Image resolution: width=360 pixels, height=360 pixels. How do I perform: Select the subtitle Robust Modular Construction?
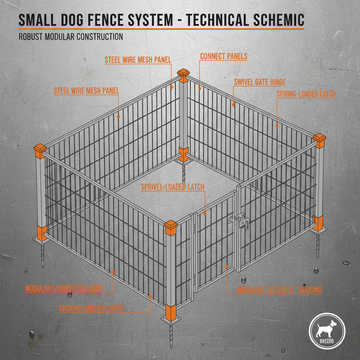[x=71, y=37]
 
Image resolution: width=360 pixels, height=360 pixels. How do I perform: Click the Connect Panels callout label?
[x=224, y=56]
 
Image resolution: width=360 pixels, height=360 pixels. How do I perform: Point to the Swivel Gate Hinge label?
[x=260, y=82]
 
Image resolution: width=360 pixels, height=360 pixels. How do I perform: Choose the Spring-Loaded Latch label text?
[x=306, y=94]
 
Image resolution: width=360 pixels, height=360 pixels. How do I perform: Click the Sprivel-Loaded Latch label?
[x=173, y=187]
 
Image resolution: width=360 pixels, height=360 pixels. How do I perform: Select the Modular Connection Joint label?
[x=64, y=288]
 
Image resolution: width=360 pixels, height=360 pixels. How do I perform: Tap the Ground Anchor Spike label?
[x=91, y=309]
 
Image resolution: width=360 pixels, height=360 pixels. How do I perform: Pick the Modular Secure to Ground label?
[x=279, y=290]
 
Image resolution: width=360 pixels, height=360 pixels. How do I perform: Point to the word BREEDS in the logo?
[x=327, y=341]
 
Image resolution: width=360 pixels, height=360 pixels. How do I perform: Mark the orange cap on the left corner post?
[x=40, y=150]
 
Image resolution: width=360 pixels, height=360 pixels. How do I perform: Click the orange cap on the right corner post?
[x=320, y=140]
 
